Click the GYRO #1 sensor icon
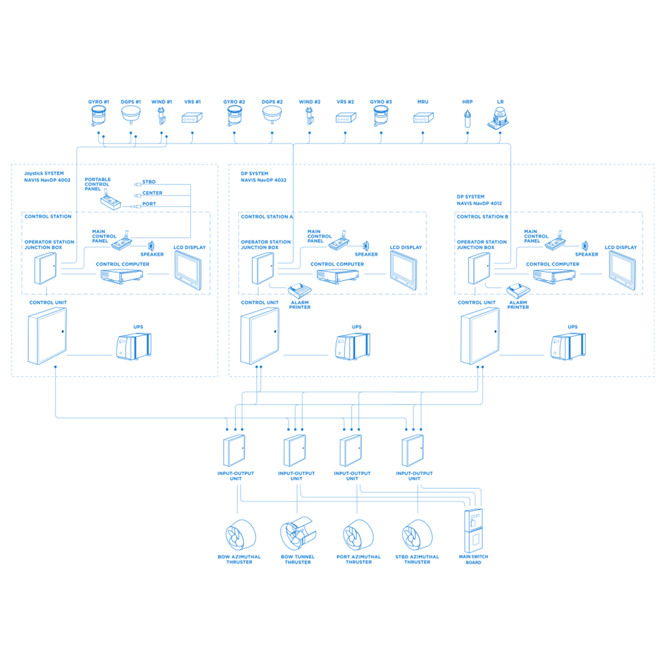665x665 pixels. pos(98,116)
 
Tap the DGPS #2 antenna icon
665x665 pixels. pos(272,115)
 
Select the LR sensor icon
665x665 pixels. pos(499,118)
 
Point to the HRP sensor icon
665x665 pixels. pos(467,118)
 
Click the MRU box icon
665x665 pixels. pos(423,118)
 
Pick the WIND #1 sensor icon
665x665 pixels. pos(162,116)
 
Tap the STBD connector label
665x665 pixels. pos(149,182)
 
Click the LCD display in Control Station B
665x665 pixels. pos(622,270)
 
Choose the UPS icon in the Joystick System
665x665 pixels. pos(134,346)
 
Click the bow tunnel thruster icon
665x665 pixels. pos(298,534)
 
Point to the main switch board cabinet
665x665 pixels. pos(473,531)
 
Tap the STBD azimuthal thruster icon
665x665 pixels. pos(417,535)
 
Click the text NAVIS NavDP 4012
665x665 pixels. pos(479,203)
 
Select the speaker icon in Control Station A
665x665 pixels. pos(366,246)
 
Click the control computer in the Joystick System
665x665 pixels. pos(122,276)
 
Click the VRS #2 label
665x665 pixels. pos(345,102)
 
